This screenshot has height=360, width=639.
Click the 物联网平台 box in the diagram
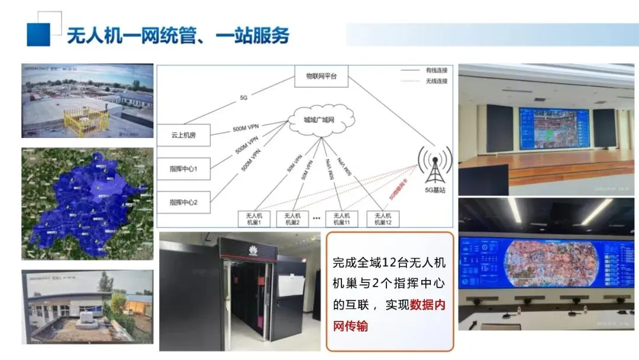point(321,76)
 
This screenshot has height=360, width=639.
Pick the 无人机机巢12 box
point(383,219)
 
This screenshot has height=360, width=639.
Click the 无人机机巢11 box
point(341,219)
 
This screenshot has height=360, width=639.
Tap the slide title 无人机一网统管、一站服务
point(177,36)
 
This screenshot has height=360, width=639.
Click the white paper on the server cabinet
point(291,286)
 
